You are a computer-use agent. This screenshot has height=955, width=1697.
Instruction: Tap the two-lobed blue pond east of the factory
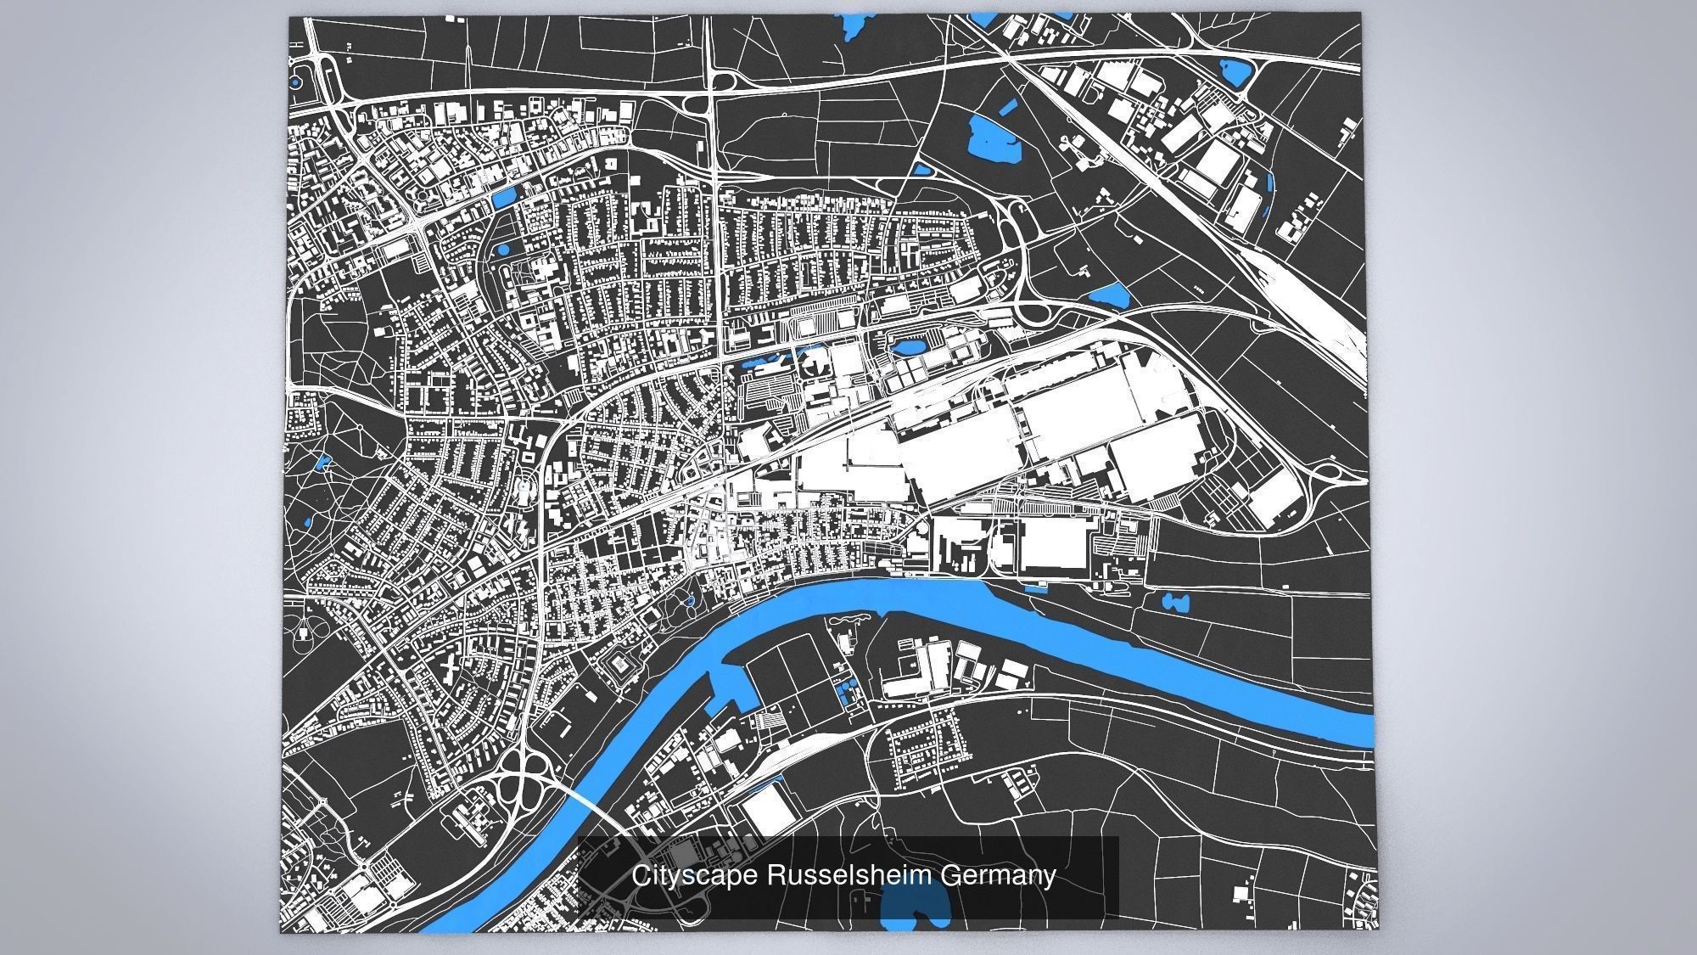[1175, 603]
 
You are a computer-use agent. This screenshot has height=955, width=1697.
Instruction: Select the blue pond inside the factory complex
[907, 347]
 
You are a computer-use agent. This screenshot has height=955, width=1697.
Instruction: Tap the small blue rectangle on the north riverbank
[1036, 587]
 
